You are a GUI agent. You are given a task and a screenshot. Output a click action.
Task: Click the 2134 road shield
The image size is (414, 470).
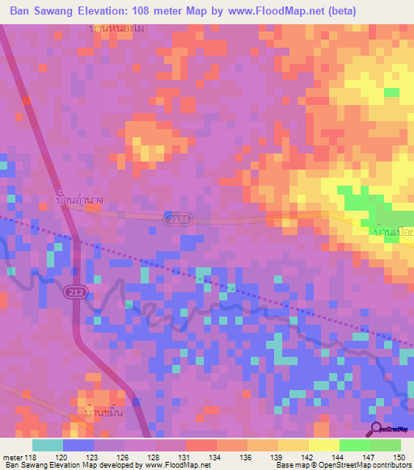[174, 220]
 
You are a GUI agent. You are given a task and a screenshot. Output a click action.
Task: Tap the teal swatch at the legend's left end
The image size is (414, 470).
[47, 445]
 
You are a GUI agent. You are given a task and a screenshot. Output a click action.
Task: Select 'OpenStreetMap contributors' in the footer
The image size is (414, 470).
[363, 466]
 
